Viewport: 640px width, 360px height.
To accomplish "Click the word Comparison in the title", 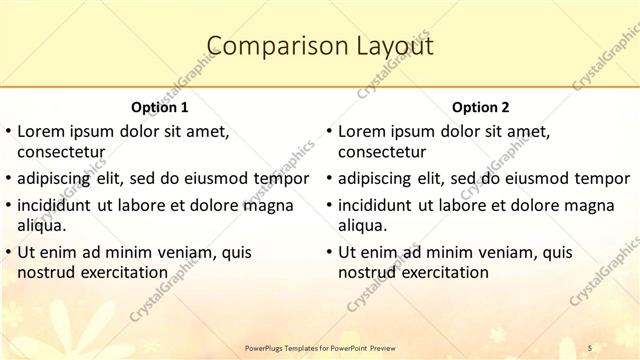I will tap(260, 46).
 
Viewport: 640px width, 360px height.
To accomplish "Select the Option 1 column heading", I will tap(159, 106).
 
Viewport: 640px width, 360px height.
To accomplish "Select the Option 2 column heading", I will tap(480, 106).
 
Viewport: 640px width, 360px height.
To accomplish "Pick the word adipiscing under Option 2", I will tap(382, 179).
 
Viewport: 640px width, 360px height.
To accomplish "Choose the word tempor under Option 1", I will tap(283, 179).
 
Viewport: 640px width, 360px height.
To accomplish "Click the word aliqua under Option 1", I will tap(42, 225).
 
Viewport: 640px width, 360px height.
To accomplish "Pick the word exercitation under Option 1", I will tap(124, 272).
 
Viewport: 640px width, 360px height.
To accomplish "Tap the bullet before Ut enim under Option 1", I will tap(8, 252).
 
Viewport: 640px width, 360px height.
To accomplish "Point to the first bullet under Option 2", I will tap(329, 131).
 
